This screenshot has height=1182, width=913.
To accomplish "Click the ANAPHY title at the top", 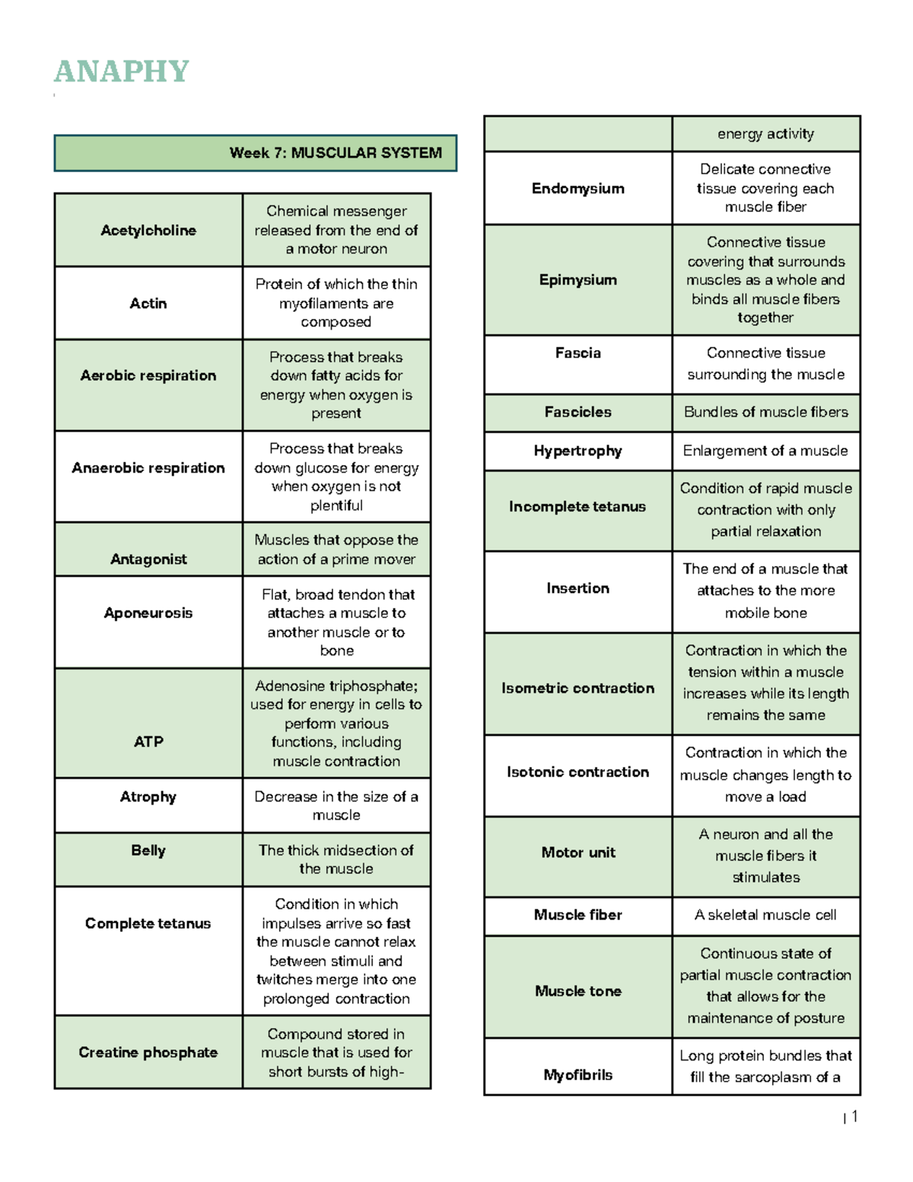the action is click(121, 72).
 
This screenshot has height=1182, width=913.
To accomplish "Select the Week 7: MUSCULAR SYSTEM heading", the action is click(335, 153).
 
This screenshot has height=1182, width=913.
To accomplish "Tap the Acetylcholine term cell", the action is click(148, 230).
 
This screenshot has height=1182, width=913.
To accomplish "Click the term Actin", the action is click(148, 303).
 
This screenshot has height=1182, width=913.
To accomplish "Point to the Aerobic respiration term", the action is click(148, 375).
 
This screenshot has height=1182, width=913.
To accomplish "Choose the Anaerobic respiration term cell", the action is click(148, 467).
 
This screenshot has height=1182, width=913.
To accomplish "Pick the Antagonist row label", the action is click(148, 559).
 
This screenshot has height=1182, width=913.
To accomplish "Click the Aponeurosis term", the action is click(148, 613).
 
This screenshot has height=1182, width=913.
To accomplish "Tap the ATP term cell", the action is click(148, 741).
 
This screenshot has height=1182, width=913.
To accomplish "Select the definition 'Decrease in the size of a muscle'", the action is click(336, 805).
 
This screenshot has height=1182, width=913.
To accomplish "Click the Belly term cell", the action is click(148, 850).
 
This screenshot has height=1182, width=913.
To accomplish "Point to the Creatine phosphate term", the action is click(148, 1052).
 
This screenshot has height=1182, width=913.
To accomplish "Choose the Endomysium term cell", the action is click(578, 188).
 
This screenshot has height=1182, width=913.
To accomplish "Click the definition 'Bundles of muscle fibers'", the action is click(765, 412).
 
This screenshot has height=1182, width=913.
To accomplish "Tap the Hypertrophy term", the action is click(578, 451).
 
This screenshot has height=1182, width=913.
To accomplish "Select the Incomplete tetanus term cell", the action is click(577, 506).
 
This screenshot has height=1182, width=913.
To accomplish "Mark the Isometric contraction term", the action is click(578, 688).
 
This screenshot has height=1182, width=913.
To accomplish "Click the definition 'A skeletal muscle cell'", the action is click(765, 915).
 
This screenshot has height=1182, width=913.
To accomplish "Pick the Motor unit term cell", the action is click(578, 852).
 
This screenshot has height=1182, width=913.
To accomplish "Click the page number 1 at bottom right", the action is click(854, 1117).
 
